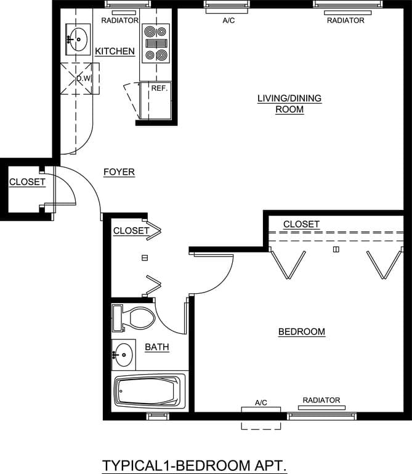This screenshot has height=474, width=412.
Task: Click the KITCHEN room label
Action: pos(115,51)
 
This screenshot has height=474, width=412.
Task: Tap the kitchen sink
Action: pos(77,39)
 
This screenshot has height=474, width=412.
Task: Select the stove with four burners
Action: pos(155,43)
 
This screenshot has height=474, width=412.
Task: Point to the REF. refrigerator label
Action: pos(160,88)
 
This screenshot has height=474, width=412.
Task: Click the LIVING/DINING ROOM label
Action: pos(289,104)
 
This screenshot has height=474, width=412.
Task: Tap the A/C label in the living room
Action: pos(228,20)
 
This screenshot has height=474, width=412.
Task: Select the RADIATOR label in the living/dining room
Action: pos(345,20)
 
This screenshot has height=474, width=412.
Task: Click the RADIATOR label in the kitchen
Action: pos(119,20)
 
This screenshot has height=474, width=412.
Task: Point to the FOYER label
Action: pos(119,172)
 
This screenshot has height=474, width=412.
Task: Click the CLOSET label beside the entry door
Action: pos(27,182)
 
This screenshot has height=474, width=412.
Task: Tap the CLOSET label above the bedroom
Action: pos(301,224)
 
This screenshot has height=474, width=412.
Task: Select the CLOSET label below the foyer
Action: pos(131,231)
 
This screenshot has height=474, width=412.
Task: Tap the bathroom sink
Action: pos(123,354)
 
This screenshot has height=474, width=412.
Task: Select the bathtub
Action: pos(148,391)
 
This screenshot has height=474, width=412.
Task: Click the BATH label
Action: pos(157,347)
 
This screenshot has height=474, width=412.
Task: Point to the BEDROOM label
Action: pos(302,332)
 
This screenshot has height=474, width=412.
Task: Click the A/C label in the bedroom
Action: pos(261,403)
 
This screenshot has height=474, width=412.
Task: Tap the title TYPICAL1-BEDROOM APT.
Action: pos(195,464)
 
